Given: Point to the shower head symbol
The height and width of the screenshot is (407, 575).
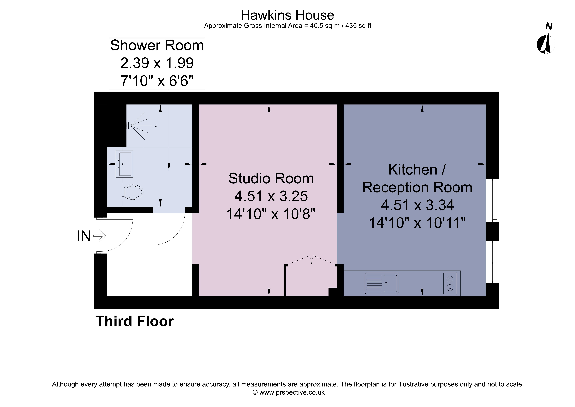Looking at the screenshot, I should click(x=130, y=125).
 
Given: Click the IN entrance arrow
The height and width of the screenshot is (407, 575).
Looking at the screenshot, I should click(x=99, y=236).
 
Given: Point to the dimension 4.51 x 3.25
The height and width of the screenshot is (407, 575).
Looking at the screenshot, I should click(x=271, y=196).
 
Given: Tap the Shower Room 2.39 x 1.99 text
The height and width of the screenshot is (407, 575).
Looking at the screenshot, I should click(x=157, y=63).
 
